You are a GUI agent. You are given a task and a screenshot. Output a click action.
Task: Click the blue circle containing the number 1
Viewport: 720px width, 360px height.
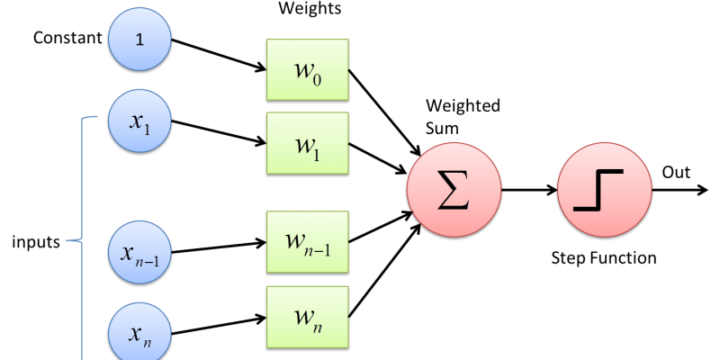coord(139,39)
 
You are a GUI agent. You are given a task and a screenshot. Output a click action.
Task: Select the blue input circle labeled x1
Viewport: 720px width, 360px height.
coord(139,121)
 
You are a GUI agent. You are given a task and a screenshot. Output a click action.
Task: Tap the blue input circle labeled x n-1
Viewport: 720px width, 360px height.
coord(139,252)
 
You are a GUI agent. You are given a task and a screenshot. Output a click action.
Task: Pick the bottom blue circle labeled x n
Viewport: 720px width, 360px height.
coord(139,333)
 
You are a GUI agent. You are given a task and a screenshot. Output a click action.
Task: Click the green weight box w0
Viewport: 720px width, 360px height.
coord(307,69)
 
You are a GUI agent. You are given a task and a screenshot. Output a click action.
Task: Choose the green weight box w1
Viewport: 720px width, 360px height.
coord(307,142)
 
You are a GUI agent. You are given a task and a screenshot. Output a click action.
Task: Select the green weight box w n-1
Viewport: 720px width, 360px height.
coord(307,241)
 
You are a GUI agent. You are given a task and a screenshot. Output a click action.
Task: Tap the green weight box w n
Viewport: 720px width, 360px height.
coord(307,316)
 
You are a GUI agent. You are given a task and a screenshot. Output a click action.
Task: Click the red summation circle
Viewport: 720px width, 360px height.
coord(454,190)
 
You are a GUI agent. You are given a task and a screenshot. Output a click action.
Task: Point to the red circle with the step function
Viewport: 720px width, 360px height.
coord(604,190)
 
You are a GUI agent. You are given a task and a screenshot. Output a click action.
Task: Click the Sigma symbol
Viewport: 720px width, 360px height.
coord(454,190)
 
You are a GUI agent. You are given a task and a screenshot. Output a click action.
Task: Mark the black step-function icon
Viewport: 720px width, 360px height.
coord(598,190)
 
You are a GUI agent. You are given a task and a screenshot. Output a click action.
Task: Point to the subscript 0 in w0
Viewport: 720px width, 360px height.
coord(317,78)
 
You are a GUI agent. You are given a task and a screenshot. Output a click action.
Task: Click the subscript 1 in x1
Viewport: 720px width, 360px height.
coord(147,129)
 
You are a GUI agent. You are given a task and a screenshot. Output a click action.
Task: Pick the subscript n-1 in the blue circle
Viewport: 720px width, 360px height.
coord(148,260)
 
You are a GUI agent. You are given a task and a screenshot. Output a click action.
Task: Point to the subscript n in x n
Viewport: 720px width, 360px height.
coord(147,341)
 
